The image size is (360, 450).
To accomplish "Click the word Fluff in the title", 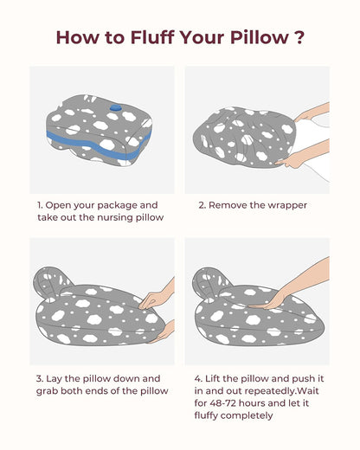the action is pyautogui.click(x=152, y=37).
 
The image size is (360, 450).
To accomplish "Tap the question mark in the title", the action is pyautogui.click(x=300, y=37).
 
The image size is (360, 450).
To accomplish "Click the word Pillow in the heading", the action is pyautogui.click(x=260, y=37).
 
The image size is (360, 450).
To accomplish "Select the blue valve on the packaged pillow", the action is pyautogui.click(x=116, y=107).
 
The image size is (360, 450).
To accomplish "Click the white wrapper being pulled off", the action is pyautogui.click(x=313, y=145).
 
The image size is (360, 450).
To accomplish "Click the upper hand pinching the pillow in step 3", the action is pyautogui.click(x=157, y=297).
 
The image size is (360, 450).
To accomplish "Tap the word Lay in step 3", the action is pyautogui.click(x=54, y=379).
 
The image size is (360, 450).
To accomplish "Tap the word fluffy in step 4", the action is pyautogui.click(x=207, y=415).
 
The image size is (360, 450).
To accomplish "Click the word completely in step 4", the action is pyautogui.click(x=247, y=416).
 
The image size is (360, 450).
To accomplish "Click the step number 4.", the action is pyautogui.click(x=198, y=379).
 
